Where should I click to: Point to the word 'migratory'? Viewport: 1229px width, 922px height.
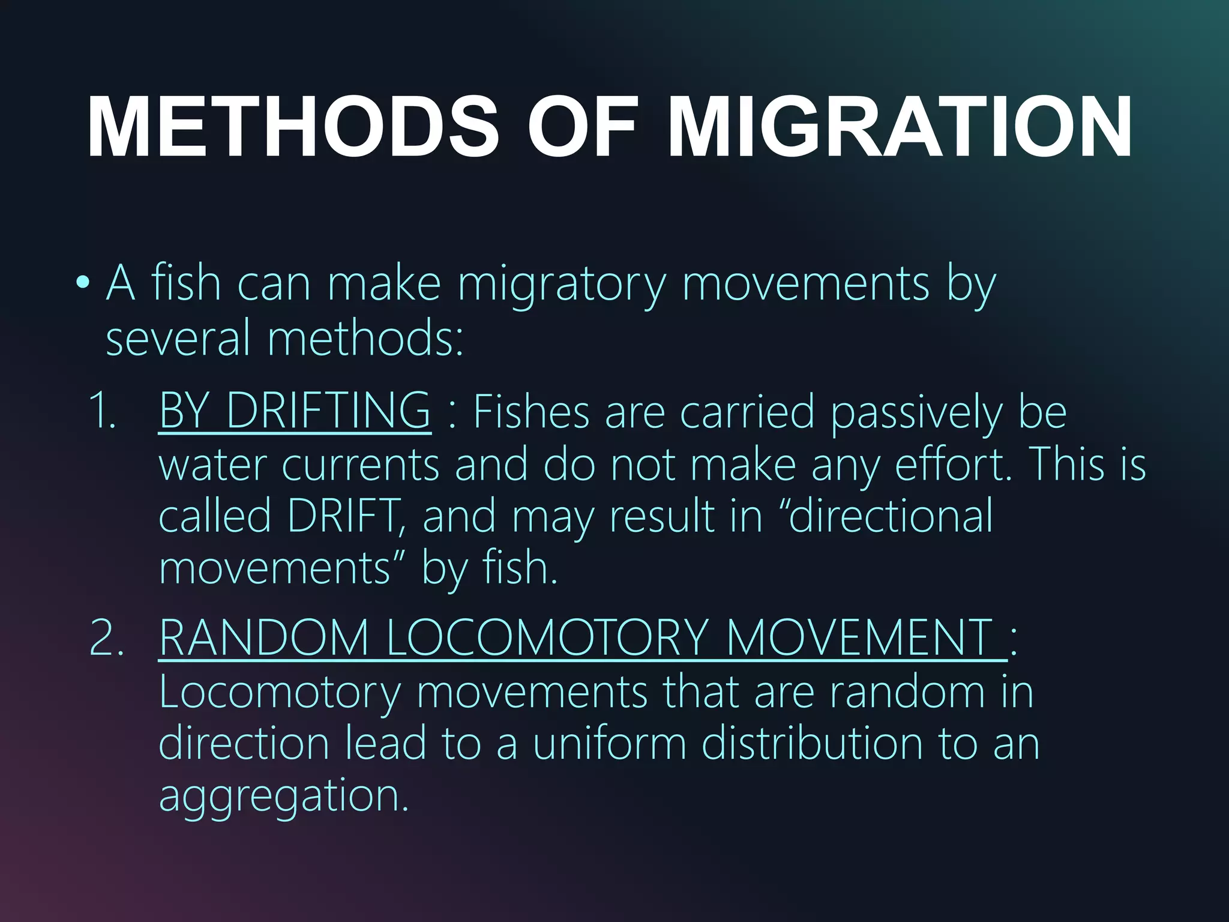(x=562, y=285)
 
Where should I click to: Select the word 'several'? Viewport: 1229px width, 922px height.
(x=178, y=338)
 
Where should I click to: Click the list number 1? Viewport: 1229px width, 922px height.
(x=102, y=411)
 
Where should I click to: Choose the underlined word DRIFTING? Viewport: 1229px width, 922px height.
(x=328, y=411)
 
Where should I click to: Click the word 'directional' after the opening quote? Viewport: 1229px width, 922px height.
(x=891, y=516)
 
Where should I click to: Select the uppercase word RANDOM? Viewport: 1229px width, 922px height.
(x=264, y=637)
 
